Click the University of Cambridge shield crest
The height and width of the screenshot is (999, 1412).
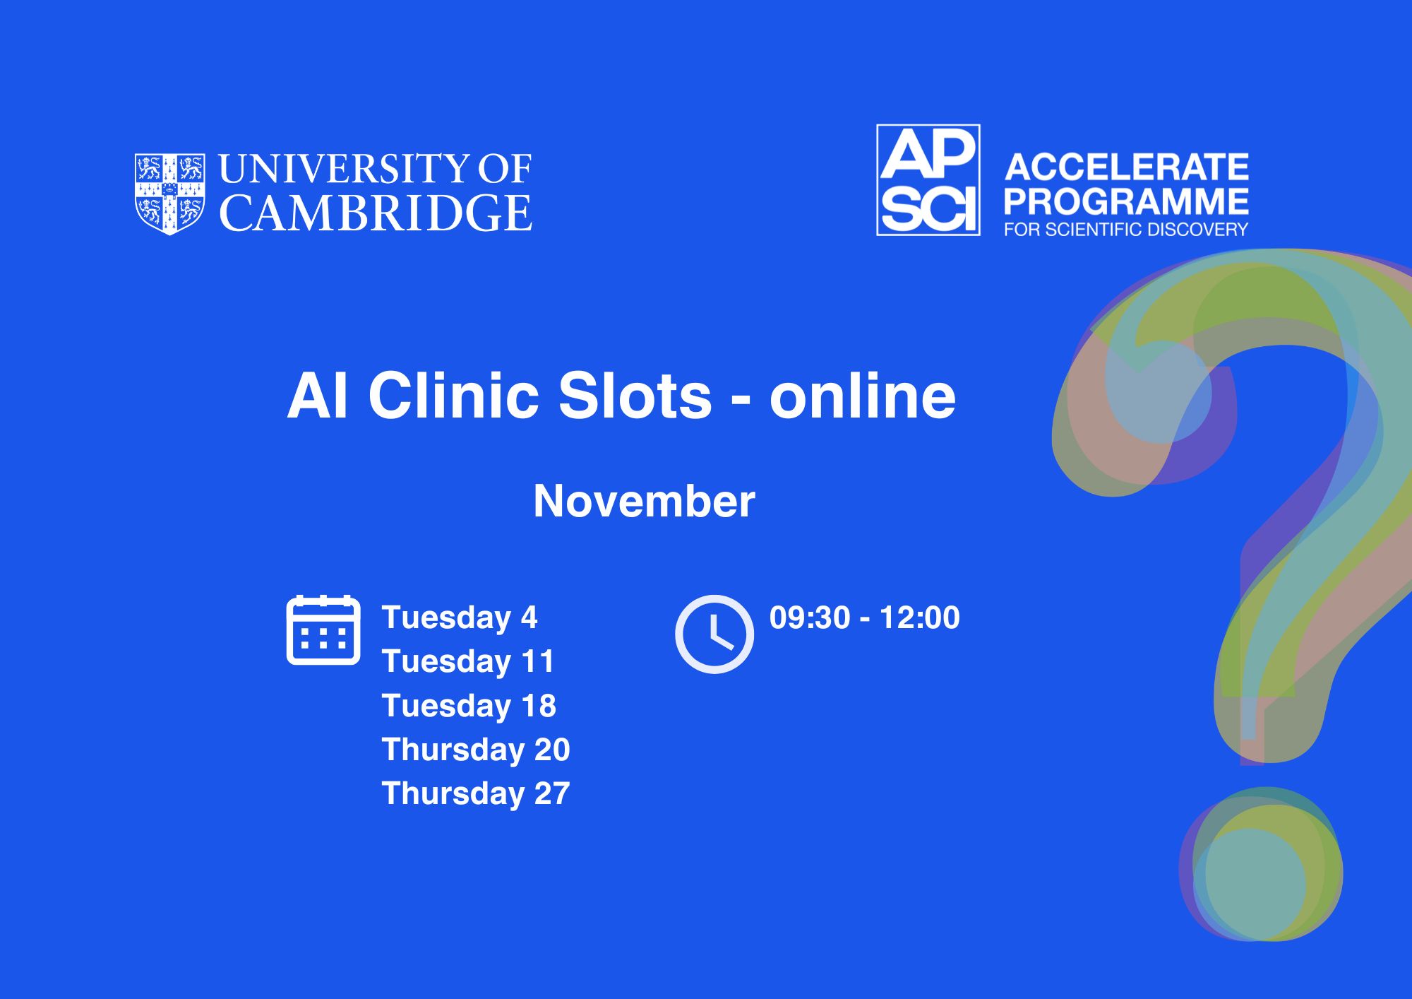(170, 194)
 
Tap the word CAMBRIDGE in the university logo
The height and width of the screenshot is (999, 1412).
(376, 213)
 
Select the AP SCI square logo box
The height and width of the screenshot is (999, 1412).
(928, 179)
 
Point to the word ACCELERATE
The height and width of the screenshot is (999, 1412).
(1127, 167)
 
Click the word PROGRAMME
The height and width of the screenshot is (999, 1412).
(1127, 201)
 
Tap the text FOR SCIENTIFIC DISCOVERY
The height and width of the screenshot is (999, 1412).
(1127, 230)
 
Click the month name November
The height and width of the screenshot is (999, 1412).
(644, 501)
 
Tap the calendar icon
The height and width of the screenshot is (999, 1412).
(323, 630)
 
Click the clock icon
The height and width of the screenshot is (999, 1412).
(714, 634)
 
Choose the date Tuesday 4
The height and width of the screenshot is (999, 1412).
(460, 617)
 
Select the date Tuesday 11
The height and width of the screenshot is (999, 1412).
(468, 661)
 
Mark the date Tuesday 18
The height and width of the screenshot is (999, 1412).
(469, 706)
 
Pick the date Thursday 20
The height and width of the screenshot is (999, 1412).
(476, 750)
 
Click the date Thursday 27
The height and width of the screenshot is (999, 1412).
(476, 793)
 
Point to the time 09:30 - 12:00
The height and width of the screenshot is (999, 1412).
(864, 617)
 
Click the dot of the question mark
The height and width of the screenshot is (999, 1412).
(1261, 864)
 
